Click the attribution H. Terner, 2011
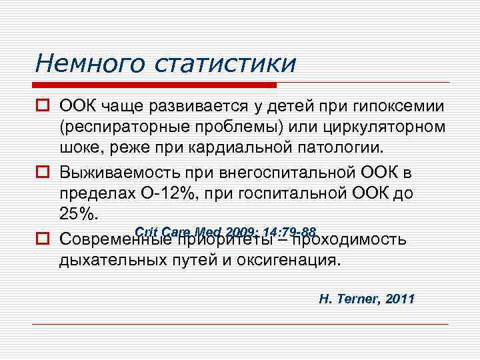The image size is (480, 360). tap(367, 298)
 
